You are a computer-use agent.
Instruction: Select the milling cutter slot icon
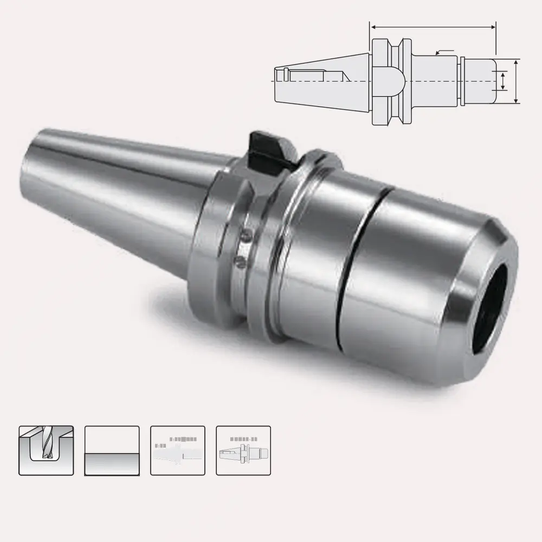(x=46, y=450)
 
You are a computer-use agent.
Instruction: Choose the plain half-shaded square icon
(x=112, y=450)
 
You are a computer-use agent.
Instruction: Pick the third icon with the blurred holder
(x=178, y=450)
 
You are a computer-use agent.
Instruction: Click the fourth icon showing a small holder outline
(x=243, y=450)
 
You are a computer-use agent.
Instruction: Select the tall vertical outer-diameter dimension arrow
(x=516, y=81)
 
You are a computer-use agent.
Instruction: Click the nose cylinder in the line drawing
(x=480, y=81)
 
